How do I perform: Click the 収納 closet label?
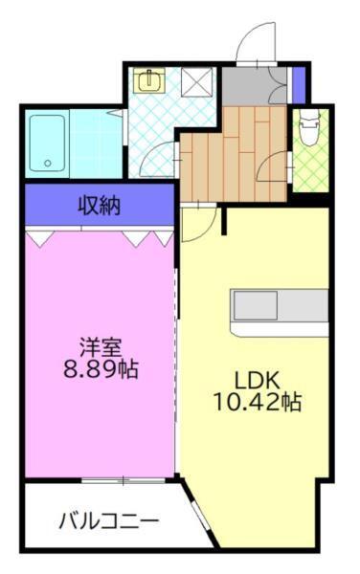coord(99,204)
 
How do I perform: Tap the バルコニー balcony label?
coord(108,522)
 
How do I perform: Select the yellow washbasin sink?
coord(152,81)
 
